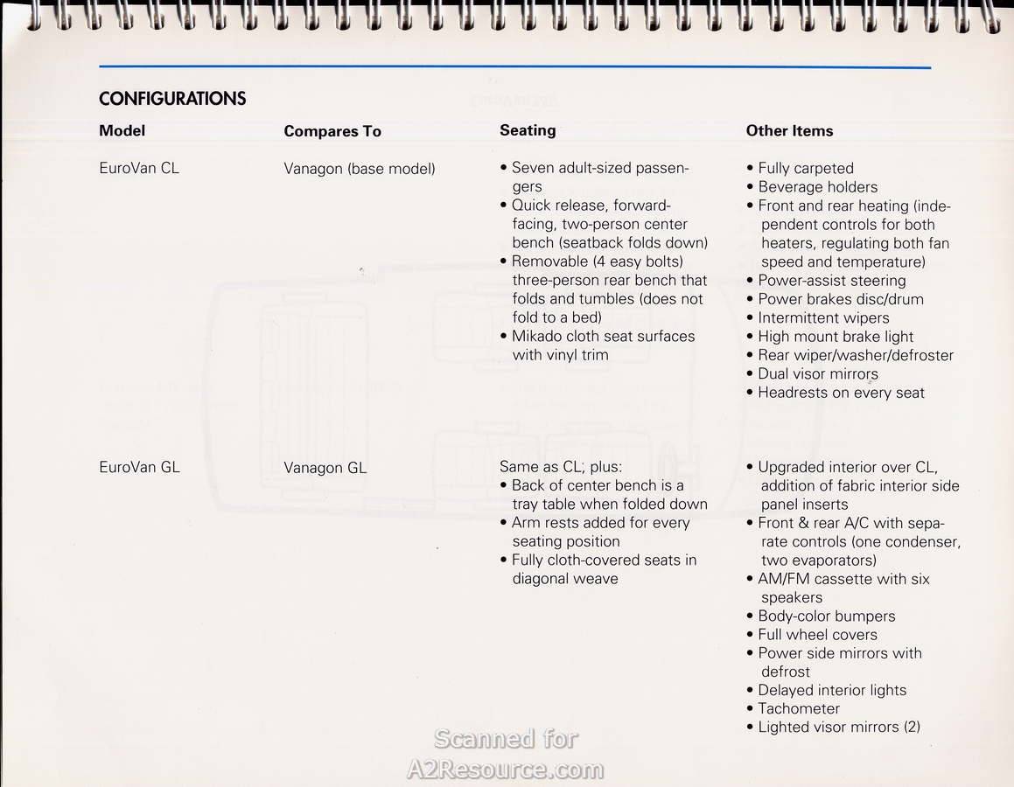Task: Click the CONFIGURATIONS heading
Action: pos(172,99)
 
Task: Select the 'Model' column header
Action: pos(122,131)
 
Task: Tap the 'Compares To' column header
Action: pos(332,131)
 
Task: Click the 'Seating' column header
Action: pos(528,130)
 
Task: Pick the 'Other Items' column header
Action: pos(789,131)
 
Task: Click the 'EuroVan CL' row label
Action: pos(139,168)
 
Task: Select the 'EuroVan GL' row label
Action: pos(139,467)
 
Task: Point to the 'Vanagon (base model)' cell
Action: pos(359,169)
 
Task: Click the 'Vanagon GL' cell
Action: pos(325,468)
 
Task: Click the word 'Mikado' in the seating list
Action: pos(537,337)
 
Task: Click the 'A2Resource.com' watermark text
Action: pos(506,770)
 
